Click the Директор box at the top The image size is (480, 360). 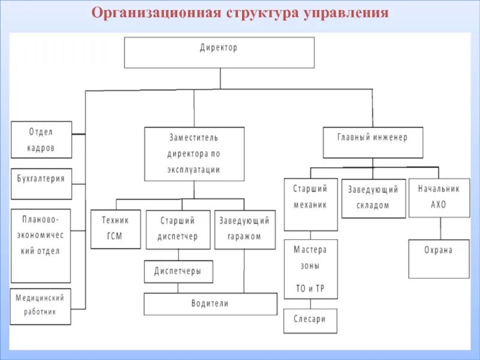[x=219, y=52]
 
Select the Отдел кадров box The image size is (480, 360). [x=41, y=140]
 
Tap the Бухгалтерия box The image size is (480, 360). [x=41, y=184]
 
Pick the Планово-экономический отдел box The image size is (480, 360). [x=41, y=245]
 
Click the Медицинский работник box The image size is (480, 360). [x=41, y=307]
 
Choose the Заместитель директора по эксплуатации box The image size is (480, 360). [x=194, y=154]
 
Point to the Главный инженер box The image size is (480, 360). [x=372, y=142]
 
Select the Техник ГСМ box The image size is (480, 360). [x=116, y=229]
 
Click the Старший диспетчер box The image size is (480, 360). [x=178, y=229]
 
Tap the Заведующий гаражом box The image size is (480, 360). [x=245, y=229]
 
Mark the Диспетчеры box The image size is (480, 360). [x=178, y=271]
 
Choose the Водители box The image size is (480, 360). [x=210, y=304]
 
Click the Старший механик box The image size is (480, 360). [x=310, y=204]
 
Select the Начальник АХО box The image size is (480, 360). [x=439, y=197]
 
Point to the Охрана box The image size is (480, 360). [x=439, y=259]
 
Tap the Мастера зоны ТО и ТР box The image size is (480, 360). [x=310, y=269]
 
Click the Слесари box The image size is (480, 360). [x=310, y=320]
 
